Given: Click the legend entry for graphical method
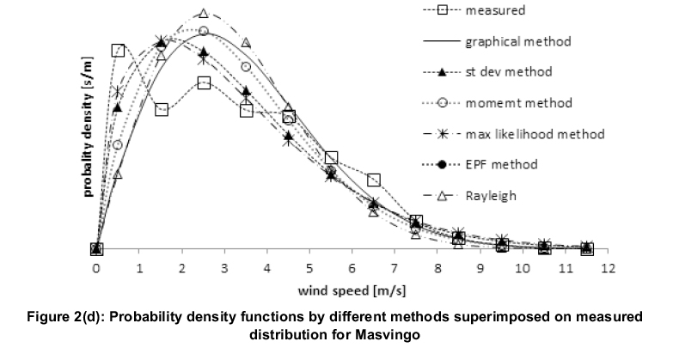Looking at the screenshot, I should coord(517,40).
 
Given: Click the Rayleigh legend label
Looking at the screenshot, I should coord(491,195).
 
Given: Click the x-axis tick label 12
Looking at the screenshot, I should coord(608,268).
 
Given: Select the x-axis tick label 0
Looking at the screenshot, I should coord(96,268).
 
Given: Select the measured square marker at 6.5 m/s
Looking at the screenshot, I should coord(373,180).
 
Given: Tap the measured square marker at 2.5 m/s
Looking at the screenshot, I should coord(204,82).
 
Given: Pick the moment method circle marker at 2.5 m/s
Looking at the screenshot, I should coord(204,31).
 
